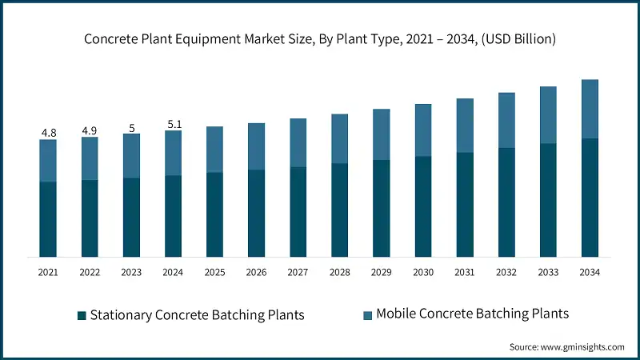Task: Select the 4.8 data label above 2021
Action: [48, 133]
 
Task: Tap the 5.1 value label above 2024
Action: [173, 124]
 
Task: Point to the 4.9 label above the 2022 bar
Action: [90, 130]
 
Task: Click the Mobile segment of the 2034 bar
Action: [589, 109]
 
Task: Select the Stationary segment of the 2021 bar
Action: [48, 219]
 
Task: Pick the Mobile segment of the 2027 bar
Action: [298, 142]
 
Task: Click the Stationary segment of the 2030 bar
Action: [422, 206]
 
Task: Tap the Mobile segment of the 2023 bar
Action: [131, 156]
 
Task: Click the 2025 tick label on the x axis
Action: [214, 273]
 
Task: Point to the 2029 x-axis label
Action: [381, 273]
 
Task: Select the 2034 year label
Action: [589, 273]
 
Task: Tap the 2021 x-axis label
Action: [48, 273]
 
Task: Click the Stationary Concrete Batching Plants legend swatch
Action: [82, 315]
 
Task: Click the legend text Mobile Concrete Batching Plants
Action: [472, 314]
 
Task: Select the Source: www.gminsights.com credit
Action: [566, 346]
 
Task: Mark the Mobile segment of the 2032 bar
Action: [506, 120]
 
